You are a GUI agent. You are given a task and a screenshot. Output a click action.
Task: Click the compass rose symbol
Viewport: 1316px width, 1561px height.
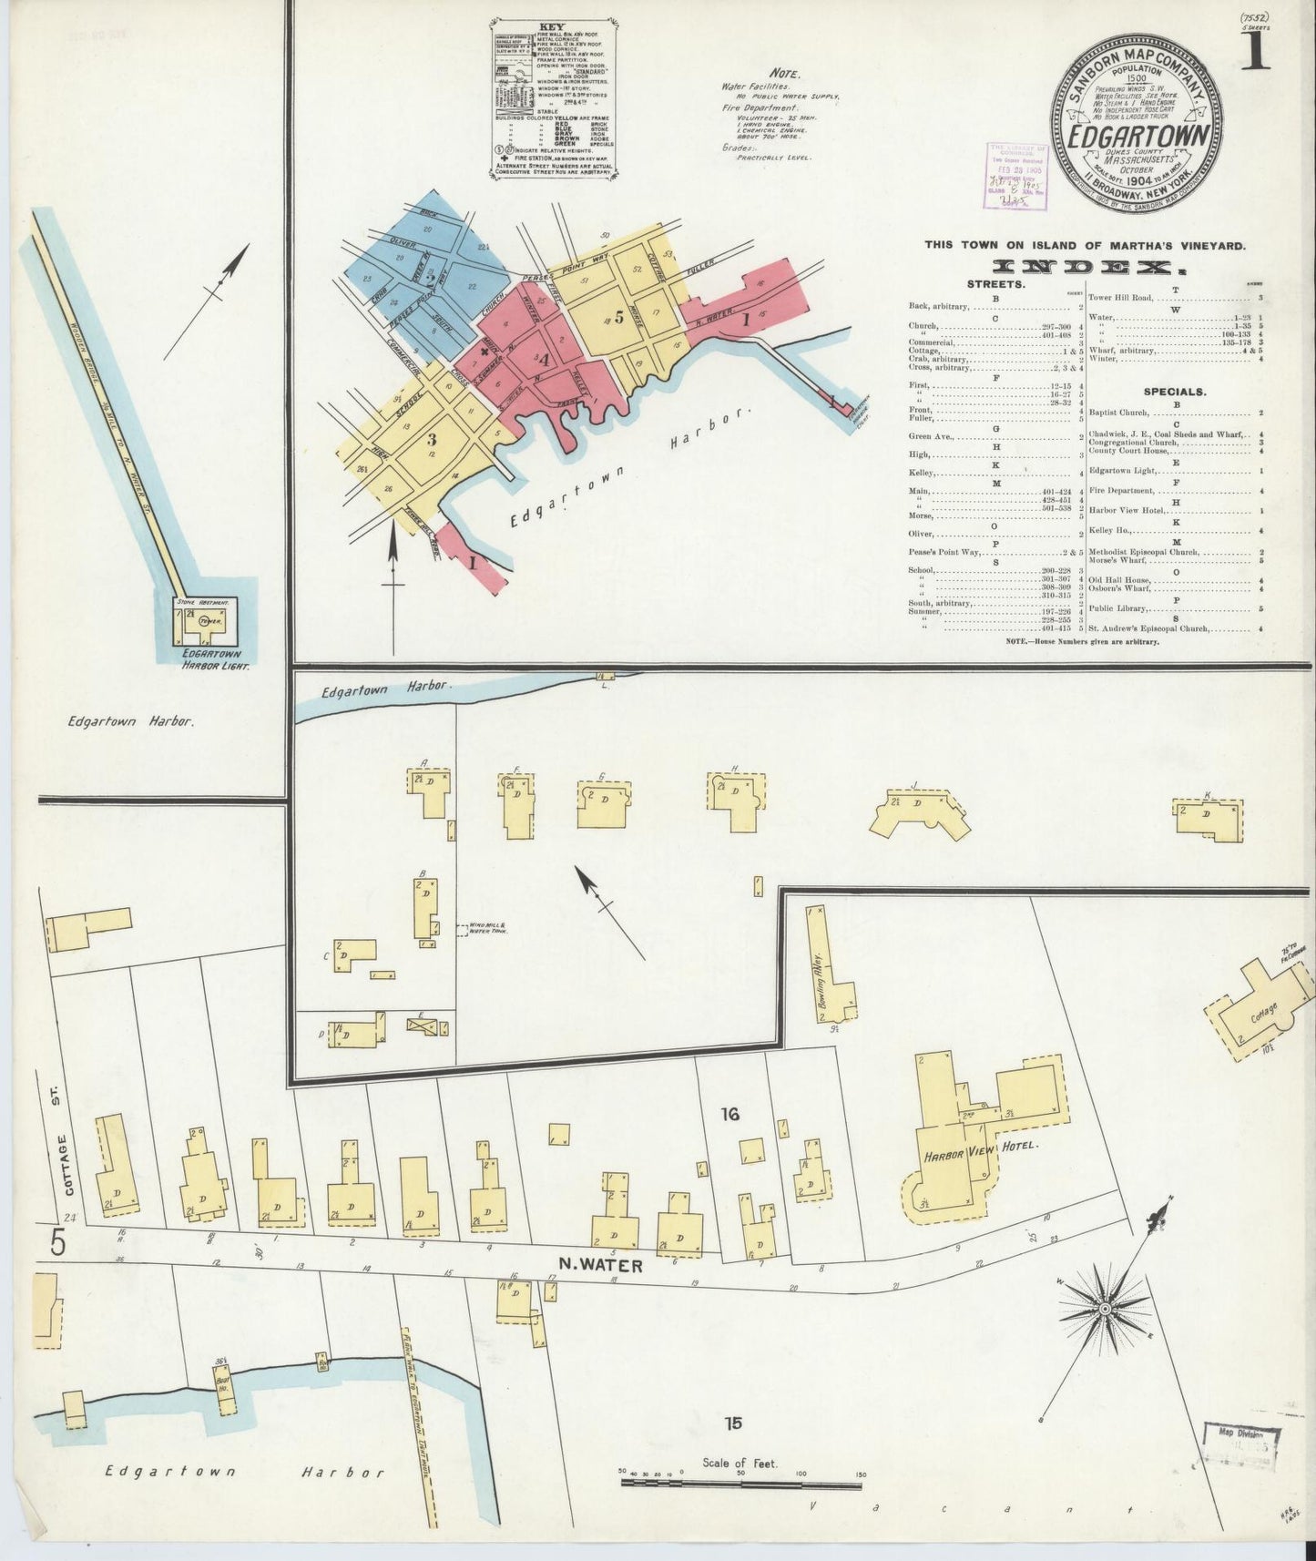[x=1104, y=1310]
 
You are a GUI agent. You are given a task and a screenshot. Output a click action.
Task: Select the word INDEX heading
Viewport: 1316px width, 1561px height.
[x=1084, y=267]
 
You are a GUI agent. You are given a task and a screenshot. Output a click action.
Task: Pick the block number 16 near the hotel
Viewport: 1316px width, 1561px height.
[x=729, y=1113]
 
